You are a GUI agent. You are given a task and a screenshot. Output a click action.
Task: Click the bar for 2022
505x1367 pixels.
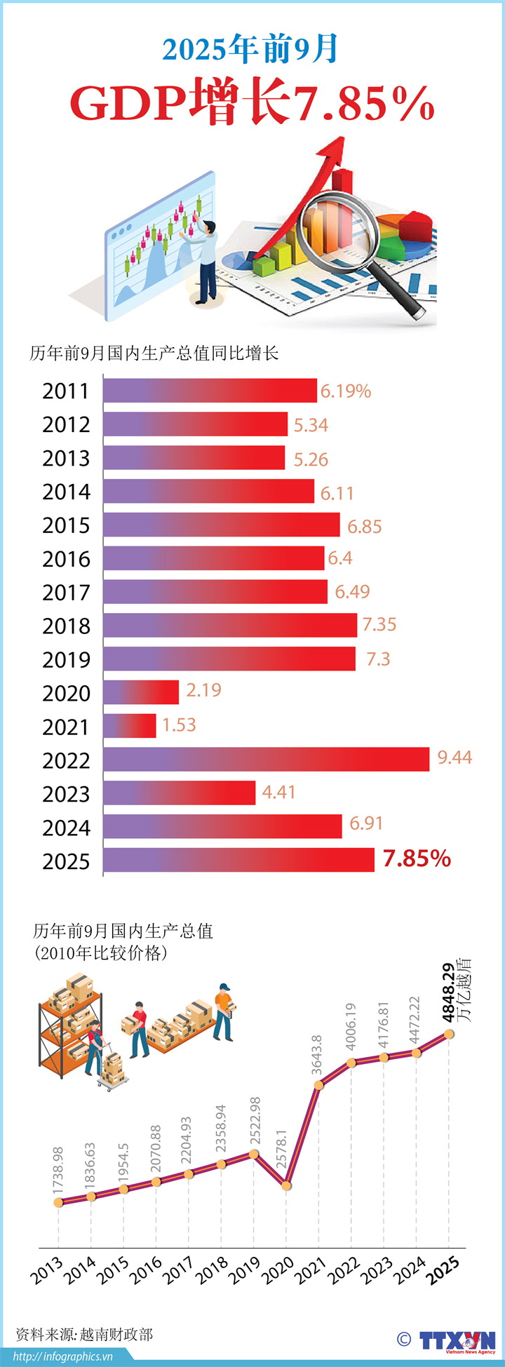267,760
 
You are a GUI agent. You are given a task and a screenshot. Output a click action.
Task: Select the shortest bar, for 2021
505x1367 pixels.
130,726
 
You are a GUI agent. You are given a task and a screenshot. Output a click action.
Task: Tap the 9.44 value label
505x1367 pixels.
454,757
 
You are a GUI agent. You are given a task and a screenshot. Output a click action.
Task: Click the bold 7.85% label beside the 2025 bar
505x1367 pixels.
417,858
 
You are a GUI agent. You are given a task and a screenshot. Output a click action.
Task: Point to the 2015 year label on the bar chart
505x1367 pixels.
66,525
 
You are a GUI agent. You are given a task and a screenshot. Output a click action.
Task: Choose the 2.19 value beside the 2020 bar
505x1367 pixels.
203,690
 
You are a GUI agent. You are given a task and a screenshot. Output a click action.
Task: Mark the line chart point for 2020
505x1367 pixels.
286,1185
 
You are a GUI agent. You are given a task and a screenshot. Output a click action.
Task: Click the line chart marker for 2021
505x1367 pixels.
318,1085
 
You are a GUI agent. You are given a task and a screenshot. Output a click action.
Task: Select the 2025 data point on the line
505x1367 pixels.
449,1033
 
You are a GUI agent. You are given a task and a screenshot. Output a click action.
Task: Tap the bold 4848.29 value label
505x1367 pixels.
448,992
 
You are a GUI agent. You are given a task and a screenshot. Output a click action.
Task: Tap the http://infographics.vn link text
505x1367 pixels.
62,1356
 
